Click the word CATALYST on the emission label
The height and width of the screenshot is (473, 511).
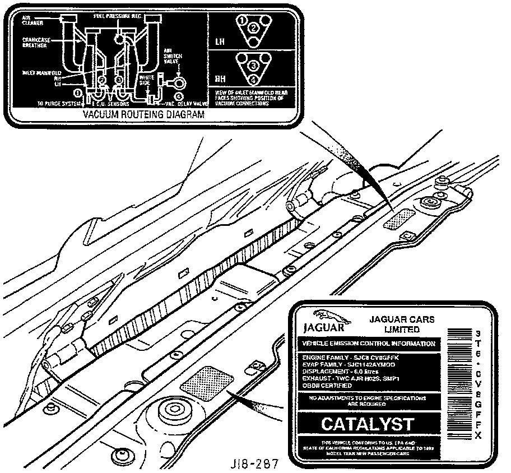[x=368, y=424]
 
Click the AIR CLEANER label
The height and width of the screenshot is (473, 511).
[x=29, y=20]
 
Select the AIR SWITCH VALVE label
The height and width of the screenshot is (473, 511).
[x=170, y=55]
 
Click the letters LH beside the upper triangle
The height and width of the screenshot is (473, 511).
[x=220, y=41]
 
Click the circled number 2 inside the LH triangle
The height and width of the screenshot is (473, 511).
[x=253, y=27]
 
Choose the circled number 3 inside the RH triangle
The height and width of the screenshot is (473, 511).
[x=253, y=66]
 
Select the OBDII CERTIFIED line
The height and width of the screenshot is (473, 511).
[x=327, y=386]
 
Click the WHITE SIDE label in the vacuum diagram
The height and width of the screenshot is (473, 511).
[x=147, y=81]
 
